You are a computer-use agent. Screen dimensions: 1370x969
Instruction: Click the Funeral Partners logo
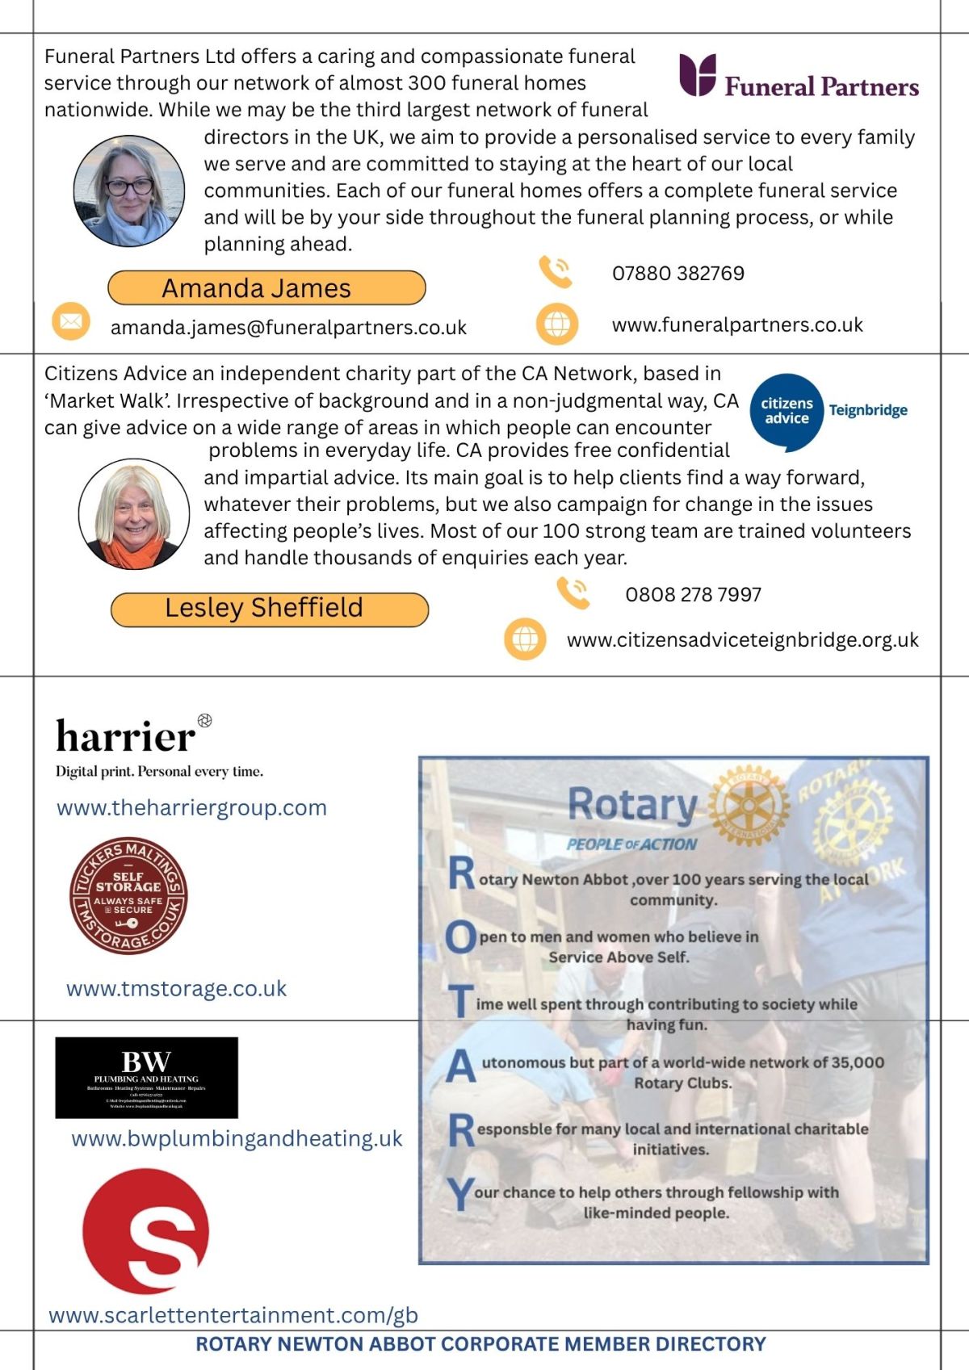[x=799, y=78]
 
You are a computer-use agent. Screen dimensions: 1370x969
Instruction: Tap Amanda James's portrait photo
[x=129, y=191]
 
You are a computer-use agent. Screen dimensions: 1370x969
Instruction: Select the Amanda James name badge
[x=266, y=288]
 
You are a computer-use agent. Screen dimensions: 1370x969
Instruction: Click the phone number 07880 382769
[x=678, y=274]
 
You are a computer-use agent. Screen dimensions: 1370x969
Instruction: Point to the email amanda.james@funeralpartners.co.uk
[x=288, y=328]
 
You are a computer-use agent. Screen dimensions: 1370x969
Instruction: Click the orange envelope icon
[x=71, y=321]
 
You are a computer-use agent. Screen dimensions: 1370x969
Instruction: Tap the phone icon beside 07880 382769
[x=556, y=272]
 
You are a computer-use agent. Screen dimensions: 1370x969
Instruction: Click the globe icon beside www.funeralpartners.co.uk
[x=557, y=324]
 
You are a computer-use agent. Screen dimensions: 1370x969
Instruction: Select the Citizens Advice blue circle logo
[x=787, y=411]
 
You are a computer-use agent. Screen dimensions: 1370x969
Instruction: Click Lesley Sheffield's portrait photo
[x=134, y=514]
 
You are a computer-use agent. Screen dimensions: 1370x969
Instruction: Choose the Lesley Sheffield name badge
[x=269, y=609]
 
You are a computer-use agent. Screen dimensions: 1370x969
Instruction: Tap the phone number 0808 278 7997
[x=693, y=595]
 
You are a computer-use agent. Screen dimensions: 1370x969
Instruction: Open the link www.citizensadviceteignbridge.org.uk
[x=742, y=640]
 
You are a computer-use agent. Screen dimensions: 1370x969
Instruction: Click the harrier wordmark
[x=126, y=735]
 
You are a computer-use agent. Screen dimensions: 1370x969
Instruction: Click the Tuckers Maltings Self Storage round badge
[x=128, y=895]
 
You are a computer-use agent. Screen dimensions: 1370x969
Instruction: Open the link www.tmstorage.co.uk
[x=176, y=989]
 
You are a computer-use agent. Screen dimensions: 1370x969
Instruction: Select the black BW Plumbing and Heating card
[x=146, y=1078]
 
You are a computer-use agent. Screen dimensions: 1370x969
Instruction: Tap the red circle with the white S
[x=146, y=1231]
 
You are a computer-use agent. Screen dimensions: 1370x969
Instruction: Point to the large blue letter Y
[x=460, y=1194]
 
